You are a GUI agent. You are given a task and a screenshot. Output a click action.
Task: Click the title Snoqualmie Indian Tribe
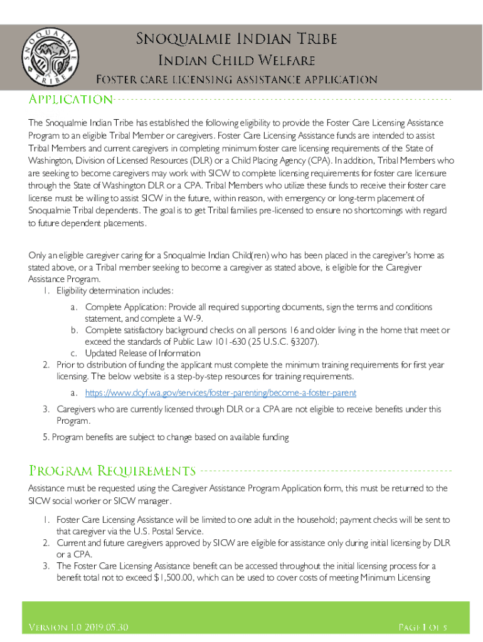pyautogui.click(x=237, y=39)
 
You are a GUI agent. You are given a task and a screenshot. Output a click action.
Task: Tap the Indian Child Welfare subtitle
pyautogui.click(x=235, y=61)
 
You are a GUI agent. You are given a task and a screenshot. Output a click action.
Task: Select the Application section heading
pyautogui.click(x=71, y=100)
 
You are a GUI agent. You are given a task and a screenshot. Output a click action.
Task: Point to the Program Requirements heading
pyautogui.click(x=113, y=471)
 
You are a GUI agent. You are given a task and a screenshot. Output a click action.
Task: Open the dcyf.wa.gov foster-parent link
pyautogui.click(x=221, y=393)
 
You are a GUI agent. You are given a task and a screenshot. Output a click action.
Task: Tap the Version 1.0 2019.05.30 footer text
pyautogui.click(x=79, y=628)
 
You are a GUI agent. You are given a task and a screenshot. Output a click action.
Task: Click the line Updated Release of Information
pyautogui.click(x=143, y=353)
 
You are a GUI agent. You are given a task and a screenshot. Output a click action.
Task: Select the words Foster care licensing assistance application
pyautogui.click(x=236, y=80)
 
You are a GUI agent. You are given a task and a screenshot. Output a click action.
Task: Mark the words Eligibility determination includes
pyautogui.click(x=114, y=290)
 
